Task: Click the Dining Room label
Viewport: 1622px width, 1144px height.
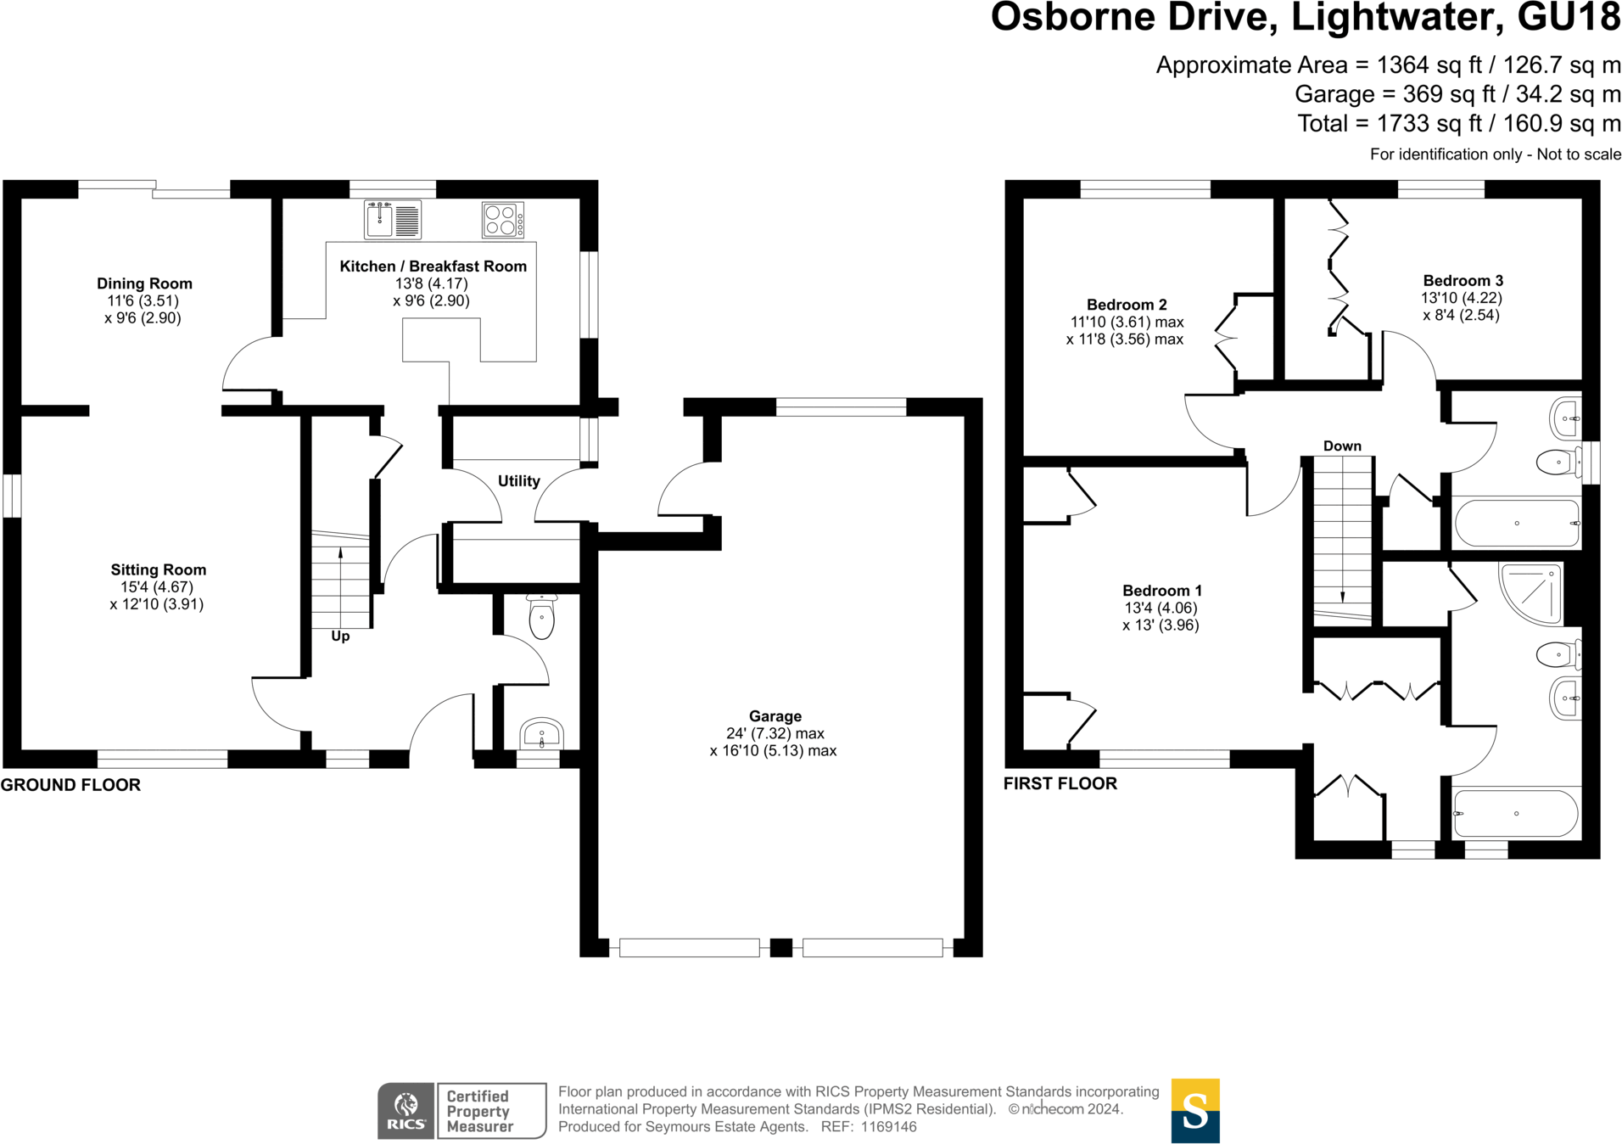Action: pos(144,283)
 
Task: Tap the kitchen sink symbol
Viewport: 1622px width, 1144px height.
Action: pos(392,220)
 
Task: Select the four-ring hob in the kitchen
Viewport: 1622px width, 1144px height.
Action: pos(502,220)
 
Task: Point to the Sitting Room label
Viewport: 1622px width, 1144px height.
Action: pos(158,569)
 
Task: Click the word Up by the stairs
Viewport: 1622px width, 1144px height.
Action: pos(340,636)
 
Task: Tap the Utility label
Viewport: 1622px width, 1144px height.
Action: pos(518,480)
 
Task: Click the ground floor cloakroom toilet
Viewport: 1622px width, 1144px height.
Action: pos(541,617)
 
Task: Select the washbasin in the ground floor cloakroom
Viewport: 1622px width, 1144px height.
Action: pos(541,733)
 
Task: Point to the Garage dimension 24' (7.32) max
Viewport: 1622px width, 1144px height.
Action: pos(775,733)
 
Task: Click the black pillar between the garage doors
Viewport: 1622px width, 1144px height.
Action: pos(780,947)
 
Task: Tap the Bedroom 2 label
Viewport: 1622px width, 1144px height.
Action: pos(1127,304)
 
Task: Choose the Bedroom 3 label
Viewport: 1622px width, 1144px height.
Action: pos(1463,280)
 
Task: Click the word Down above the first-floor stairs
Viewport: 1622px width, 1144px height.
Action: pos(1342,446)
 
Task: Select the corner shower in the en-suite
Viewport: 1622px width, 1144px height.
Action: pos(1532,593)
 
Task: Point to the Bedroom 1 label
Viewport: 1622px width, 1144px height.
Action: pos(1161,590)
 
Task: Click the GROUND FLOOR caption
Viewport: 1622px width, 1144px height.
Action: pos(70,785)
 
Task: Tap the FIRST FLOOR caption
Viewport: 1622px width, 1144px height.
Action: pos(1060,783)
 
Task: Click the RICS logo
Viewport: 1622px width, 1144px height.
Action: pos(406,1111)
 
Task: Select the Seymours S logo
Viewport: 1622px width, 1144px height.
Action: pos(1194,1110)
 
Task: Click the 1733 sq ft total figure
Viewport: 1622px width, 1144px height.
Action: pos(1428,124)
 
